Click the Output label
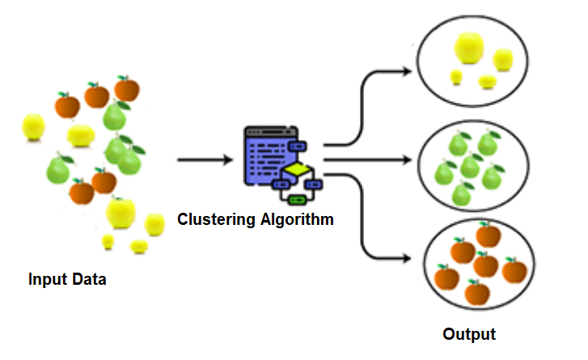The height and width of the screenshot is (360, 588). pyautogui.click(x=469, y=333)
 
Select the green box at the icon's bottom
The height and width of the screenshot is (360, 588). pyautogui.click(x=296, y=197)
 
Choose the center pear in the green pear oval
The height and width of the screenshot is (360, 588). pyautogui.click(x=470, y=167)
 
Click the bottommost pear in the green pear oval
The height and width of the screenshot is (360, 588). pyautogui.click(x=463, y=194)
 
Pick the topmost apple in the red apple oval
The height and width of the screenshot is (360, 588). pyautogui.click(x=489, y=235)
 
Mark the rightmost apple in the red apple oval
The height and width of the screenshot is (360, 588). pyautogui.click(x=514, y=269)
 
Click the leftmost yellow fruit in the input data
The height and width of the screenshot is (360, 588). pyautogui.click(x=33, y=125)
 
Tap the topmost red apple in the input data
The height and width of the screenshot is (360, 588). pyautogui.click(x=126, y=87)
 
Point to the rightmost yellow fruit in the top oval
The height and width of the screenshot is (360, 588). pyautogui.click(x=502, y=59)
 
